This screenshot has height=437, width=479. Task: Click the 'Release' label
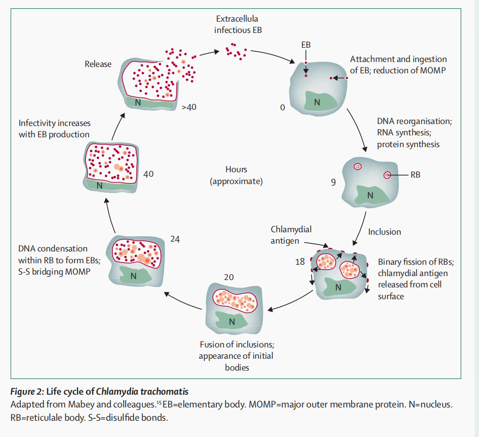click(x=98, y=64)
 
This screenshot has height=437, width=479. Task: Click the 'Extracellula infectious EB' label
click(x=238, y=25)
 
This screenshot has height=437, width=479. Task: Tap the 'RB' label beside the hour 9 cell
click(x=415, y=174)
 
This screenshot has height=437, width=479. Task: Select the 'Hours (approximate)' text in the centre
click(x=236, y=175)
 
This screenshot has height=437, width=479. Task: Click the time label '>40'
click(x=190, y=107)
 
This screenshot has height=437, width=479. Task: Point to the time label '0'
click(x=282, y=107)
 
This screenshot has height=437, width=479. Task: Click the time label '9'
click(x=333, y=182)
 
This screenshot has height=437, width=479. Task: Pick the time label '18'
click(x=300, y=262)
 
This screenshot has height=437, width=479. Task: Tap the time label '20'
click(x=228, y=277)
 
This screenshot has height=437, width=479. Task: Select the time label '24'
click(x=175, y=240)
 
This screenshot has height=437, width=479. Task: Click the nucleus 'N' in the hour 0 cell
click(x=317, y=102)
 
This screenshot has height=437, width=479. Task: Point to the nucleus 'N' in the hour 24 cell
click(x=133, y=276)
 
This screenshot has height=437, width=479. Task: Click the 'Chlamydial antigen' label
click(x=291, y=234)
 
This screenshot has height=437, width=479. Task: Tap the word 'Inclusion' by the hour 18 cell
click(x=384, y=232)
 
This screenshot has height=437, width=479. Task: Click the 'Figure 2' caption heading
click(x=98, y=392)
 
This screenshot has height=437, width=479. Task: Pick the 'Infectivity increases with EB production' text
click(x=54, y=129)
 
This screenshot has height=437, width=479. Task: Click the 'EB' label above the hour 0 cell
click(x=306, y=45)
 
